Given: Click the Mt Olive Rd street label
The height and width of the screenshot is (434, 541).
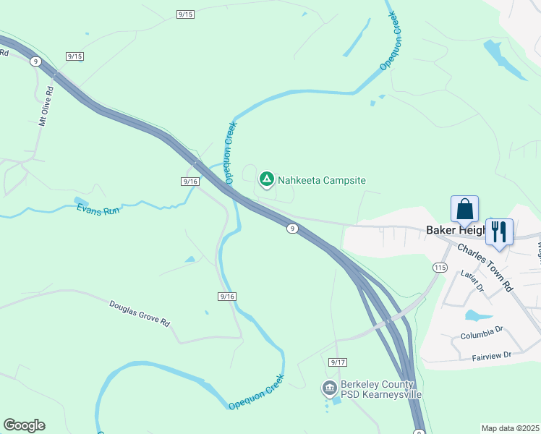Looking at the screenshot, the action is pyautogui.click(x=46, y=107).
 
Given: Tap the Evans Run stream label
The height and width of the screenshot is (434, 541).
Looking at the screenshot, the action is pyautogui.click(x=97, y=209).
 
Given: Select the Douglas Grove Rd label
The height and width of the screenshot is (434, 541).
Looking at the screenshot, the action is pyautogui.click(x=140, y=313).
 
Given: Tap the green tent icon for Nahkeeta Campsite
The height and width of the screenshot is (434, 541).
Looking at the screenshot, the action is pyautogui.click(x=266, y=178).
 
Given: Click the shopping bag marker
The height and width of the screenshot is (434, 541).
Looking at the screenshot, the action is pyautogui.click(x=464, y=209).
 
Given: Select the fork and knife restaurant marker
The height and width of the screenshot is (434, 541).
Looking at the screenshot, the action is pyautogui.click(x=499, y=232).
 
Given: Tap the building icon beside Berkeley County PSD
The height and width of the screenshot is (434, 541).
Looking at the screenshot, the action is pyautogui.click(x=330, y=389).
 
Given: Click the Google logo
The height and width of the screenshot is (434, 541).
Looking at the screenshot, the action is pyautogui.click(x=24, y=425).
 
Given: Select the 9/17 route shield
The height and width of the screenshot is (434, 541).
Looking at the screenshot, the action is pyautogui.click(x=337, y=362).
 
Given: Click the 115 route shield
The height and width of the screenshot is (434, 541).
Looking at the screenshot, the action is pyautogui.click(x=440, y=268).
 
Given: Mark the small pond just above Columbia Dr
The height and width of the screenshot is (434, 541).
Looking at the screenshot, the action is pyautogui.click(x=477, y=315).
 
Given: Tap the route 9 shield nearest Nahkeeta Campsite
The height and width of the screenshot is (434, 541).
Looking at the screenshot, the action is pyautogui.click(x=291, y=229).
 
